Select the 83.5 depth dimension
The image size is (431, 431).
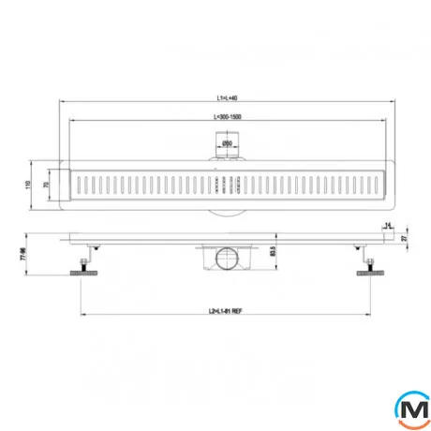click(273, 251)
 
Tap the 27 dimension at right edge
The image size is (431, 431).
click(404, 238)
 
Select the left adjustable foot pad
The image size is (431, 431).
click(81, 273)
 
